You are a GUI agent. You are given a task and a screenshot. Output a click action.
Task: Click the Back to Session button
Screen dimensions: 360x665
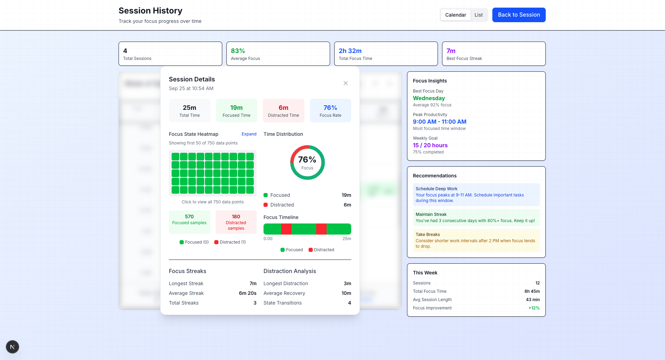pyautogui.click(x=519, y=15)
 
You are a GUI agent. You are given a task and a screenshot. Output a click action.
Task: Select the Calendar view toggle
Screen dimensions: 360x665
pyautogui.click(x=455, y=15)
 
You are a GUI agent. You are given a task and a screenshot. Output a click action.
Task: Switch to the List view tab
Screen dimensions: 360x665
pyautogui.click(x=478, y=15)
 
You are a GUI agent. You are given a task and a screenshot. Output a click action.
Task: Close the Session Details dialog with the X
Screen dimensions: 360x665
pyautogui.click(x=345, y=83)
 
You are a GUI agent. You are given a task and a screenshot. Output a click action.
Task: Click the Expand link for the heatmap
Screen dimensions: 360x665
pyautogui.click(x=249, y=134)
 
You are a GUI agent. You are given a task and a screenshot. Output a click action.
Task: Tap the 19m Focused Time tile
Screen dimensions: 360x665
pyautogui.click(x=236, y=111)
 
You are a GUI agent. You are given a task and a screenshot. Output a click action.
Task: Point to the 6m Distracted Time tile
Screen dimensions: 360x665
pyautogui.click(x=283, y=111)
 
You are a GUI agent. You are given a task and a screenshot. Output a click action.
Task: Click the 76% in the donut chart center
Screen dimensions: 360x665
pyautogui.click(x=307, y=160)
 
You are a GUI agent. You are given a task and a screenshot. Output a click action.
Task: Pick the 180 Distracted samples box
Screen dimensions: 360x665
pyautogui.click(x=236, y=222)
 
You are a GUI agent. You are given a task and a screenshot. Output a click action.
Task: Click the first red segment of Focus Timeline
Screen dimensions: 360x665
pyautogui.click(x=286, y=229)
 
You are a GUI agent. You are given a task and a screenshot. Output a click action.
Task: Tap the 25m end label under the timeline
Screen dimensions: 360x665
pyautogui.click(x=347, y=239)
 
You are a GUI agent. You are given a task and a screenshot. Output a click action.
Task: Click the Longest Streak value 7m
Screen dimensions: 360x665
pyautogui.click(x=253, y=283)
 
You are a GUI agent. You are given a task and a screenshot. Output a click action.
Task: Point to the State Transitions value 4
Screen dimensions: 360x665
pyautogui.click(x=349, y=303)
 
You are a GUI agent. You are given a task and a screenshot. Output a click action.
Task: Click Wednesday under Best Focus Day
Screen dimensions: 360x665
pyautogui.click(x=429, y=98)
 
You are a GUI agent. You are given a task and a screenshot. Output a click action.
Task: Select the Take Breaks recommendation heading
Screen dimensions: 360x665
pyautogui.click(x=427, y=235)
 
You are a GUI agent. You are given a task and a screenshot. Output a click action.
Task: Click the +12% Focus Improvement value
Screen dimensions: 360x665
pyautogui.click(x=534, y=308)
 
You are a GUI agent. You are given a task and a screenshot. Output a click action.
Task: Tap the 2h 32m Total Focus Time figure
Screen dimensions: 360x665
pyautogui.click(x=350, y=51)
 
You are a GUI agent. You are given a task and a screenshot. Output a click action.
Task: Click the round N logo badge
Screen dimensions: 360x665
pyautogui.click(x=12, y=347)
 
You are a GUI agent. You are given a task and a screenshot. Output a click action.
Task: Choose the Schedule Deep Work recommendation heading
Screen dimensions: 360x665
pyautogui.click(x=437, y=189)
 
